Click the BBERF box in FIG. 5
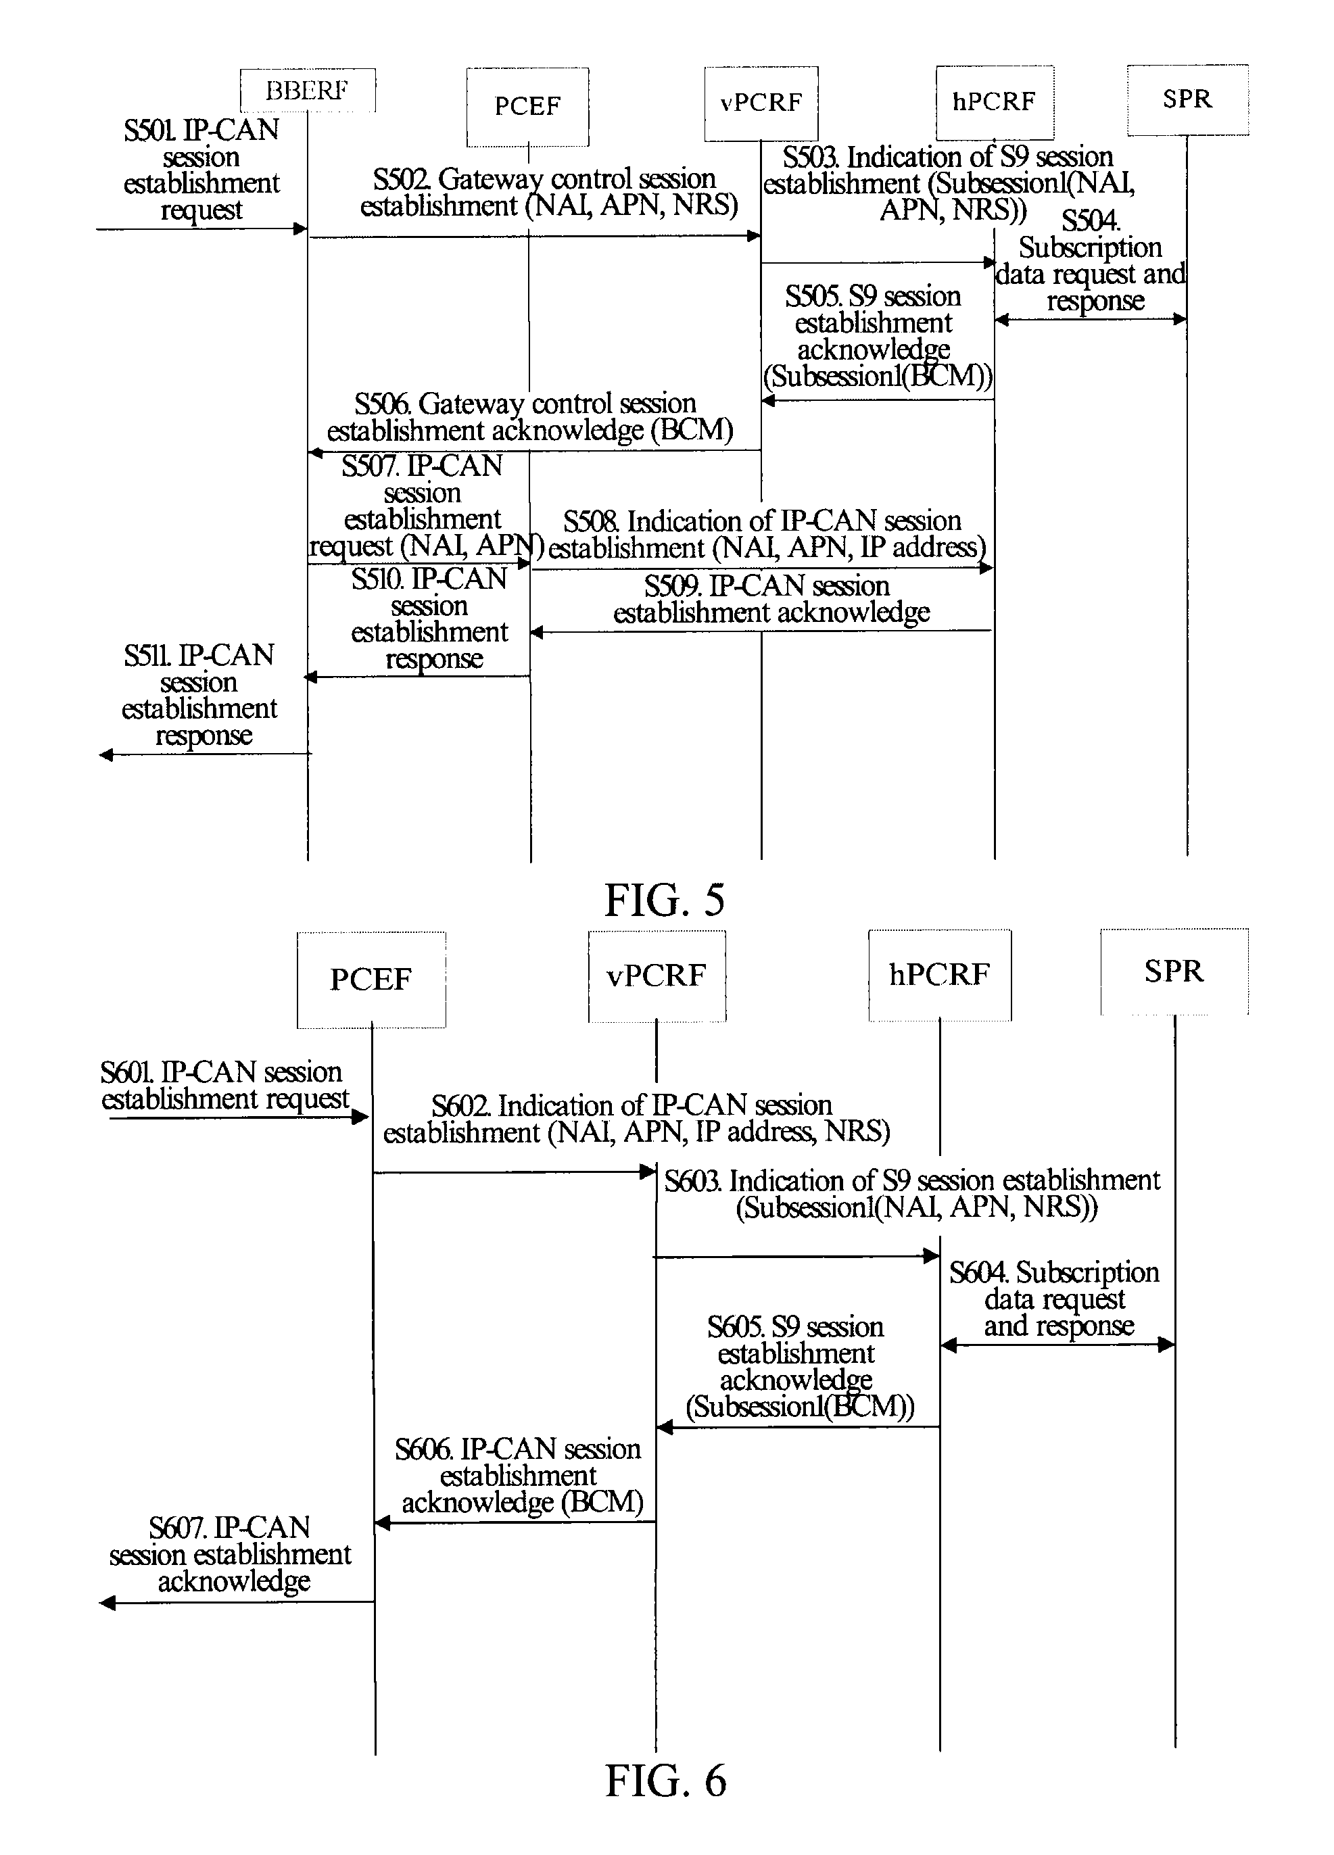pos(308,90)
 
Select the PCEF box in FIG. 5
pos(527,106)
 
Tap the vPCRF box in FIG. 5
pos(761,103)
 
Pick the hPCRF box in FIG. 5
pos(995,102)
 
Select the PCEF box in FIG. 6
pos(371,979)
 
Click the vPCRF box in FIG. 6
pos(657,975)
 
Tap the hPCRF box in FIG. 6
pos(940,975)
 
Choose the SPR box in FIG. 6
pos(1174,971)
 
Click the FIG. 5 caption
pos(665,900)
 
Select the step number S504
pos(1091,221)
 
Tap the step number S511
pos(148,656)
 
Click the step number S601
pos(128,1072)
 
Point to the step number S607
pos(176,1528)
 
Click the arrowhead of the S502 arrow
pos(754,237)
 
